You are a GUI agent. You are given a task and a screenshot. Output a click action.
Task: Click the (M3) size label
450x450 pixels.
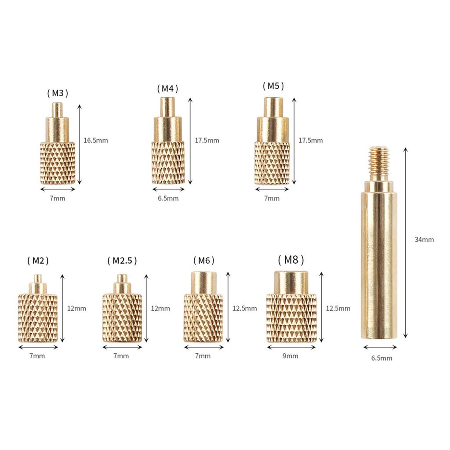click(x=58, y=93)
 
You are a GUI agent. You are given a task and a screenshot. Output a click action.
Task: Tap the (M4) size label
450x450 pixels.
click(x=167, y=89)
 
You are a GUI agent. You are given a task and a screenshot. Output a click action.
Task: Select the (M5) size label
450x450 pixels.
click(x=273, y=86)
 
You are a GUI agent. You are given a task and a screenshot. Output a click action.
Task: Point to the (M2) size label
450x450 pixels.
click(x=38, y=261)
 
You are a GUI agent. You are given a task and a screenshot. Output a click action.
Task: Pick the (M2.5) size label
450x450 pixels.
click(x=122, y=261)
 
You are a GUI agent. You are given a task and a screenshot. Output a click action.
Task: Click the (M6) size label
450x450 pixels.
click(x=203, y=261)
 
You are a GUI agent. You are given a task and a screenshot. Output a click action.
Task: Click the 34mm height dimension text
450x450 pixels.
click(x=424, y=240)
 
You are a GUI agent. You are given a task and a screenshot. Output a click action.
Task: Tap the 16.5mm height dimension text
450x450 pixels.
click(x=95, y=141)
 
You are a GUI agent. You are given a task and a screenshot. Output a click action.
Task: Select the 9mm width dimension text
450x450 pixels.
click(x=291, y=356)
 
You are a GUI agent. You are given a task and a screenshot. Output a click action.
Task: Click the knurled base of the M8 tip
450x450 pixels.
click(x=291, y=318)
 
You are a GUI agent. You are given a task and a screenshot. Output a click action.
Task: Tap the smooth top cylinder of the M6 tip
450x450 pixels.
click(x=203, y=283)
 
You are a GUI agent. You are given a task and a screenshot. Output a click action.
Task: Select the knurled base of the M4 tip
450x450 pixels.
click(x=168, y=163)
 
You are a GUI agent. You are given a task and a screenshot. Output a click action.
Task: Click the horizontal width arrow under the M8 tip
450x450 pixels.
click(x=291, y=347)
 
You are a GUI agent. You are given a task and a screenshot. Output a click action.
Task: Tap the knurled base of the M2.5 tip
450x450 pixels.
click(x=122, y=318)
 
